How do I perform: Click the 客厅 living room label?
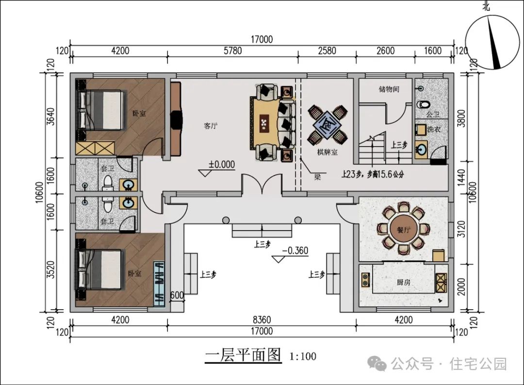pos(211,126)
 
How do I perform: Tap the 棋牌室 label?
pos(327,152)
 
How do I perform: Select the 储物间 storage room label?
pos(389,89)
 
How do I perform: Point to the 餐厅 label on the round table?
pos(404,230)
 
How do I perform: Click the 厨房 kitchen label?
pos(404,282)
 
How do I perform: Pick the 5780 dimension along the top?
pos(232,51)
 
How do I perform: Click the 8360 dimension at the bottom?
pos(262,320)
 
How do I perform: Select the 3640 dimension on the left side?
pos(50,117)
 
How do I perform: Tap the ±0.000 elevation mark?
pos(222,165)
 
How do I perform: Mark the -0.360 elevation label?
pos(295,251)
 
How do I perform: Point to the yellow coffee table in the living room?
pos(265,122)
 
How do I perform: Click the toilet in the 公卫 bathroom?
pos(424,104)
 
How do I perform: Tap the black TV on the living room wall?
pos(176,119)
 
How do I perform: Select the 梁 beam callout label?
pos(317,177)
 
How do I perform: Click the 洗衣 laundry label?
pos(434,129)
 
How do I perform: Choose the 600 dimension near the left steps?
pos(177,295)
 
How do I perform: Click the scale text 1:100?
pos(303,356)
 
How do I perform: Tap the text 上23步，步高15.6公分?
pos(373,174)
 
